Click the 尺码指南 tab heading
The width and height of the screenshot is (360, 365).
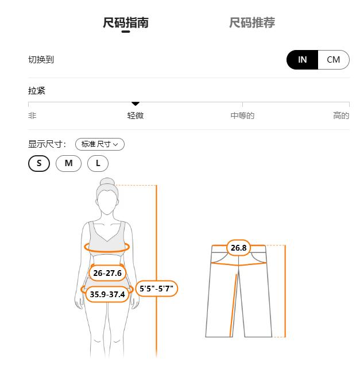click(x=126, y=23)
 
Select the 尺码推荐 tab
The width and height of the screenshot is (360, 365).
click(x=252, y=23)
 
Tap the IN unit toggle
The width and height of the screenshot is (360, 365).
click(x=303, y=60)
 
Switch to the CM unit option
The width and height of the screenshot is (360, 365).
click(x=333, y=60)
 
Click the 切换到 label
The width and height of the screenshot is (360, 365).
click(x=41, y=60)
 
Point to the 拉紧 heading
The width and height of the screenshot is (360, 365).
click(x=37, y=91)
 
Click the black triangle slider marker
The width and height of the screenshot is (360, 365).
click(x=136, y=103)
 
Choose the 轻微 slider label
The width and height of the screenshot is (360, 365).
click(x=136, y=116)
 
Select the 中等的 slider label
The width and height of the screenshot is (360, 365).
click(x=242, y=116)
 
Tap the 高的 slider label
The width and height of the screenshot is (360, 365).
click(x=341, y=116)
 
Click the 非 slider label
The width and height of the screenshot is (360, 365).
click(x=32, y=116)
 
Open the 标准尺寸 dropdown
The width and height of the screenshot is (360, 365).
click(x=100, y=144)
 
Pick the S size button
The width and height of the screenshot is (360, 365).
click(x=39, y=163)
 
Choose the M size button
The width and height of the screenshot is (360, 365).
click(x=68, y=163)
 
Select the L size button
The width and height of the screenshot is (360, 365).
click(x=98, y=163)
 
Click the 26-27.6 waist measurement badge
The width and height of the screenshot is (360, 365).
click(x=107, y=273)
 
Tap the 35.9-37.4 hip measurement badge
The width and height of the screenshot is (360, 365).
click(x=107, y=294)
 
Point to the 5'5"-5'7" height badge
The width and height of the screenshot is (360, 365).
click(x=156, y=289)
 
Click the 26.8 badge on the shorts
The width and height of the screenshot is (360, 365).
click(x=238, y=248)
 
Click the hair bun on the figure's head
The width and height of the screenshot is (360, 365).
click(x=107, y=183)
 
